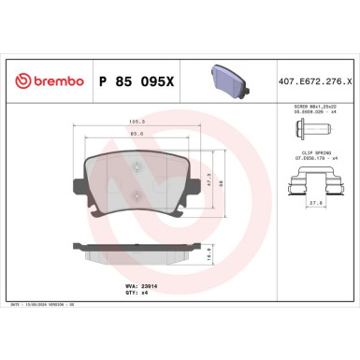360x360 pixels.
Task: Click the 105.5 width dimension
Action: tap(136, 121)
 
